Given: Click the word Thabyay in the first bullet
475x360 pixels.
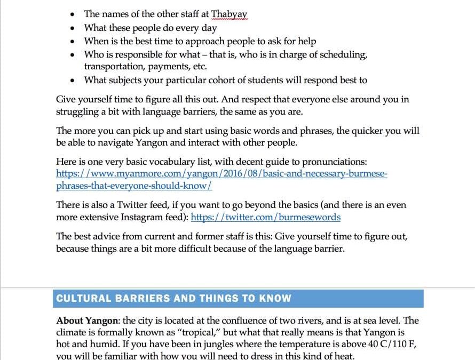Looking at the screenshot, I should click(229, 14).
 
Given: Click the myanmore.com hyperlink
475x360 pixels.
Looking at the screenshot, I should click(221, 174).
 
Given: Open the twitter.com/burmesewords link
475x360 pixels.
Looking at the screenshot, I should click(265, 217).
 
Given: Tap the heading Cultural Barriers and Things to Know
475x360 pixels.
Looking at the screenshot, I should click(173, 298).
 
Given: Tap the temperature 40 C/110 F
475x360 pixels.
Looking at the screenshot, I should click(384, 344).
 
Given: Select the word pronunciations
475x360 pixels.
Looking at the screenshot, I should click(334, 162).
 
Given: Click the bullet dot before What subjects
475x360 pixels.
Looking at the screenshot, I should click(72, 81).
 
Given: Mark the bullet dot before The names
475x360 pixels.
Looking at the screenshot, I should click(72, 14).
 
